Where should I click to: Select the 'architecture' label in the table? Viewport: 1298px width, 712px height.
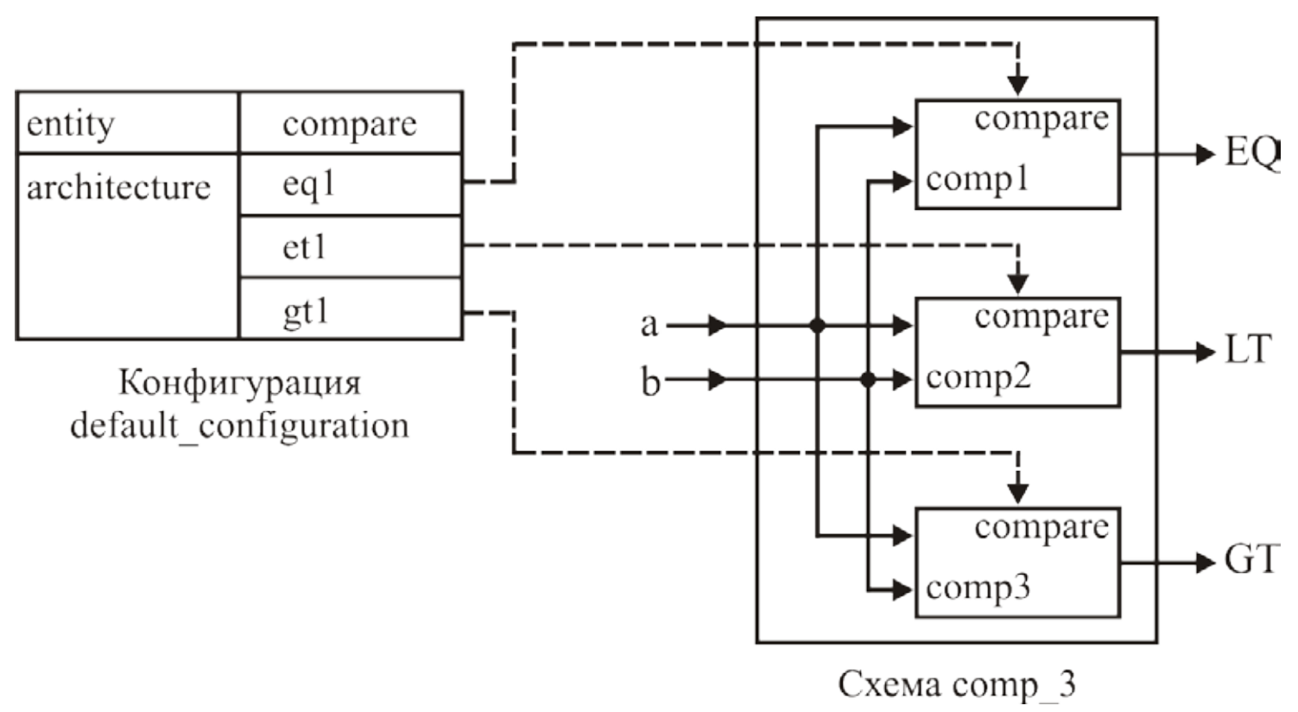click(118, 188)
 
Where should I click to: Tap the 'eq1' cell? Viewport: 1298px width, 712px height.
click(350, 185)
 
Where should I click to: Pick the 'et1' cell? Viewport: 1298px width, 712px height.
click(350, 248)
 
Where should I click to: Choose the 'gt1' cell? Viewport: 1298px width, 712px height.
click(350, 310)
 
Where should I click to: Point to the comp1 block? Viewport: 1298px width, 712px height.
click(1017, 155)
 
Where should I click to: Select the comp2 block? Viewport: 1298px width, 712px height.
click(1017, 353)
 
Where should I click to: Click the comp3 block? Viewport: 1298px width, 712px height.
click(1017, 563)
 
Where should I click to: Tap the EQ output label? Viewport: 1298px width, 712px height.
click(1251, 154)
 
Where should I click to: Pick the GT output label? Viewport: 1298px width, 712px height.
click(1250, 561)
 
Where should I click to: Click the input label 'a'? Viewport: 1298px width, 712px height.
click(649, 325)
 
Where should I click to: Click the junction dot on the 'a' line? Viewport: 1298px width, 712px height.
click(817, 326)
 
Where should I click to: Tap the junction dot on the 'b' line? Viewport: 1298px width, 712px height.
click(868, 379)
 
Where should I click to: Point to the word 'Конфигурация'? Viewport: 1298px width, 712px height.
click(239, 383)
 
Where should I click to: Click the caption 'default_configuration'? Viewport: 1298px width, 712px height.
click(239, 425)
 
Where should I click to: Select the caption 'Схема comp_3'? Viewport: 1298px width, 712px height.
click(957, 684)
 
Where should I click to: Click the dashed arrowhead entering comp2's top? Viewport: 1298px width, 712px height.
click(1018, 283)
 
